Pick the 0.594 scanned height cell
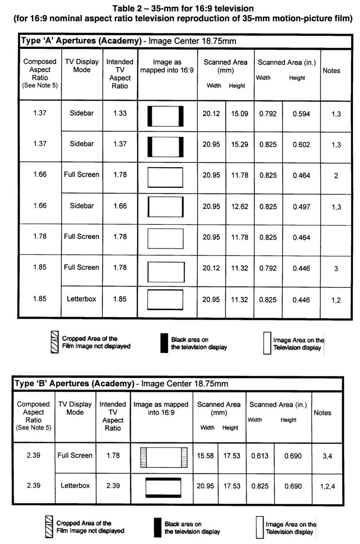(301, 114)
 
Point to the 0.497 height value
(301, 206)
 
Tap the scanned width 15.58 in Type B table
(205, 456)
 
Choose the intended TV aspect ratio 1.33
(120, 113)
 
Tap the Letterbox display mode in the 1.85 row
(82, 299)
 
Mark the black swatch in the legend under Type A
(164, 343)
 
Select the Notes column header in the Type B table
(322, 413)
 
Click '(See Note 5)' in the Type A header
(40, 85)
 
